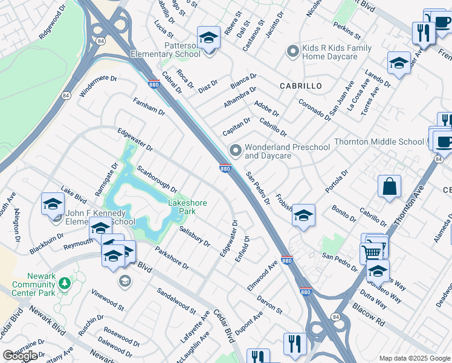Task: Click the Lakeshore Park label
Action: tap(182, 208)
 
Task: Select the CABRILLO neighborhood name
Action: tap(301, 86)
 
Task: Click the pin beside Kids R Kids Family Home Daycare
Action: tap(293, 51)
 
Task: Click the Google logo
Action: tap(21, 356)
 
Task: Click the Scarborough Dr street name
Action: tap(156, 180)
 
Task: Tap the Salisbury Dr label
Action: tap(195, 237)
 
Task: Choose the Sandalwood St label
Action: tap(176, 301)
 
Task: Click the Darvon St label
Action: tap(270, 302)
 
